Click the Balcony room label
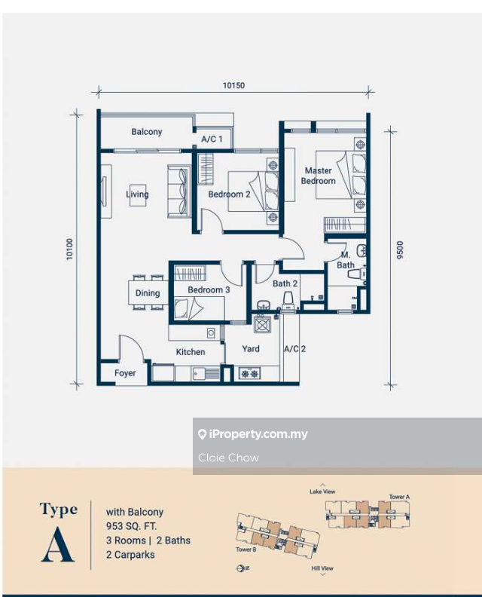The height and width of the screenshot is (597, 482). pos(147,132)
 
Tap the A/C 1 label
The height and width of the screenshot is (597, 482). pos(212,139)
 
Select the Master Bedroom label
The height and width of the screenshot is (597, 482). pos(319,176)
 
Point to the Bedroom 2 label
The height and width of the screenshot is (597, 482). pos(229,194)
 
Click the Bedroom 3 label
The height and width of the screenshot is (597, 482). pos(209,289)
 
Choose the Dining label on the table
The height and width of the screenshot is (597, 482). pos(148,292)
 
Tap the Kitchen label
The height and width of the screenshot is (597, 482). pos(191,352)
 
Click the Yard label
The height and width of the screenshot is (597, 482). pos(251,348)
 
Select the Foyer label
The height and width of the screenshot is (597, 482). pos(125,373)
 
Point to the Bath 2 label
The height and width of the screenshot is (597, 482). pos(285,283)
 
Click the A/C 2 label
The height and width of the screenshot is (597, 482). pos(294,349)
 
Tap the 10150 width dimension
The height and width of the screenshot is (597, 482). pos(233,85)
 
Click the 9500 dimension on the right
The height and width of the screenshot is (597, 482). pos(399,250)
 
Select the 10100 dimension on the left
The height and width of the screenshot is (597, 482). pos(69,250)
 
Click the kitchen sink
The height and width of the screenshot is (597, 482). pos(206,373)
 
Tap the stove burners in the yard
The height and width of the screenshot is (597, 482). pos(250,374)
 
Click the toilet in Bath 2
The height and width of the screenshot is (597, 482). pos(288,301)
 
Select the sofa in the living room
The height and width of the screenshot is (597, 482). pos(179,191)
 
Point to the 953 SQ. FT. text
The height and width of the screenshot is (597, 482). pos(131,526)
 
